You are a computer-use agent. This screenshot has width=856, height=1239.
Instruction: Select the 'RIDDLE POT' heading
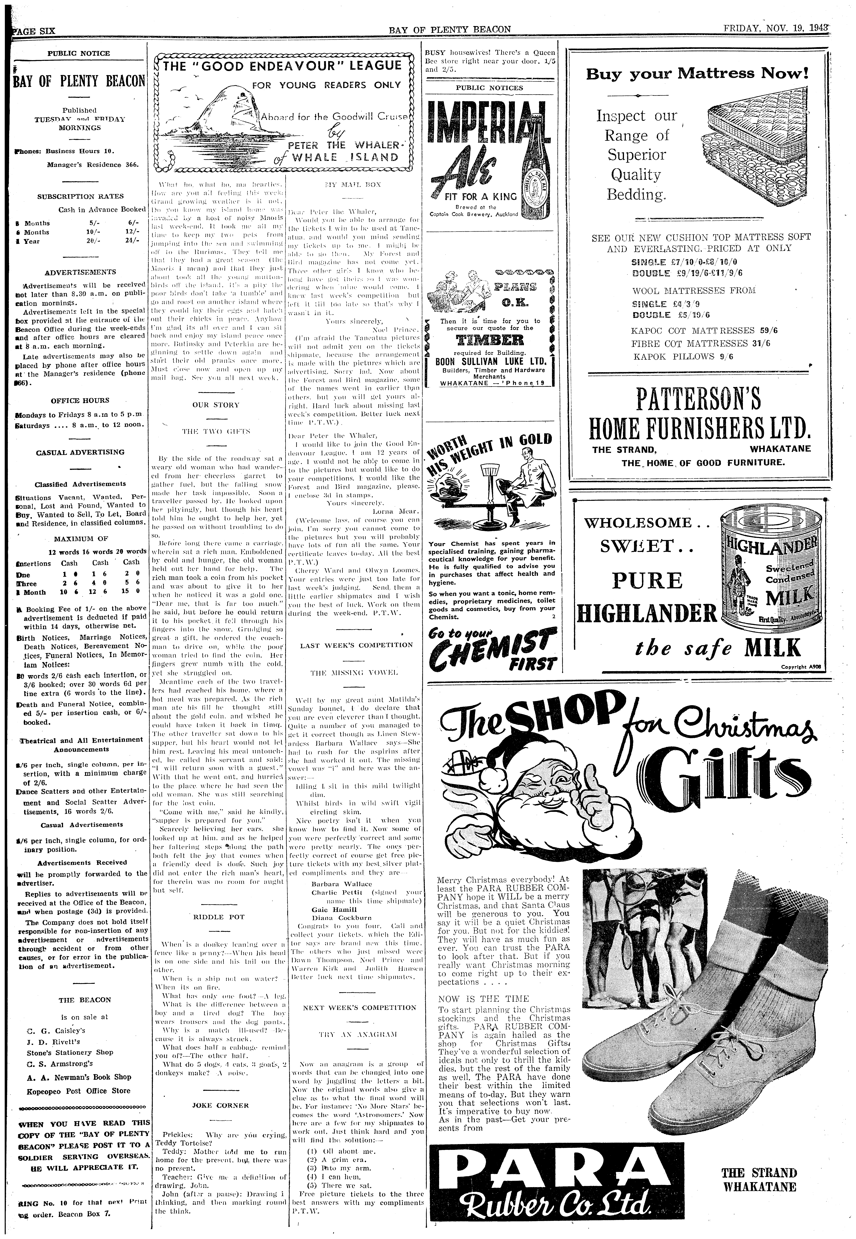click(219, 917)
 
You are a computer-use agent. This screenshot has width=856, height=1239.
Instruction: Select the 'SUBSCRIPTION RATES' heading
click(80, 196)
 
